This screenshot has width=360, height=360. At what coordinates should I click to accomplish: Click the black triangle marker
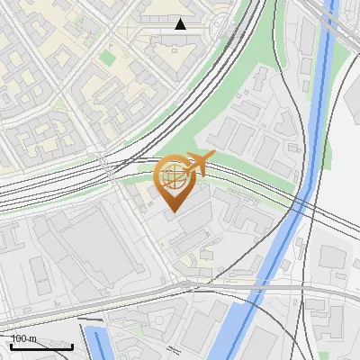[181, 24]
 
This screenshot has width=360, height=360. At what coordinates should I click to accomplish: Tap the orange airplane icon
[197, 163]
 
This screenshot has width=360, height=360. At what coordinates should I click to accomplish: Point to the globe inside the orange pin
[173, 177]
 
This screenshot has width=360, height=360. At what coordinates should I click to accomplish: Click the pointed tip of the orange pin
[173, 211]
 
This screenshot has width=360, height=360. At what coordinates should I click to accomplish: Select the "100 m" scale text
[24, 338]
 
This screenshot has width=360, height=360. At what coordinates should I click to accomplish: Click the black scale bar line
[41, 346]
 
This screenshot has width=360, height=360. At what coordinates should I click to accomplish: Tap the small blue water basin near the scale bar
[99, 342]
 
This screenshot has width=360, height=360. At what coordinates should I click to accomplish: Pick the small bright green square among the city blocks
[108, 58]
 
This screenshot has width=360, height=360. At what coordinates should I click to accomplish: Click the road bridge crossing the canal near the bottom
[247, 290]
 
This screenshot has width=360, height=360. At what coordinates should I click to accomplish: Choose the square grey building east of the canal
[333, 257]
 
